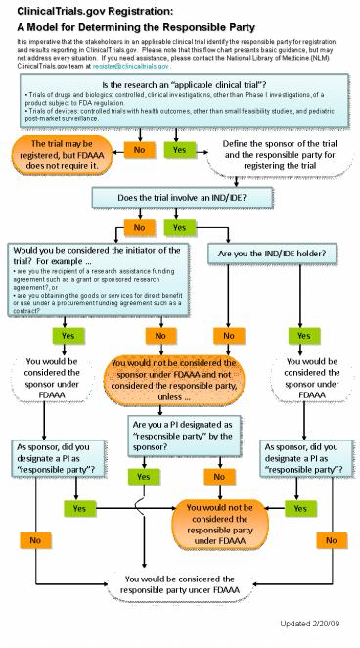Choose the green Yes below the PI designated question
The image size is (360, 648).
click(x=144, y=476)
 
